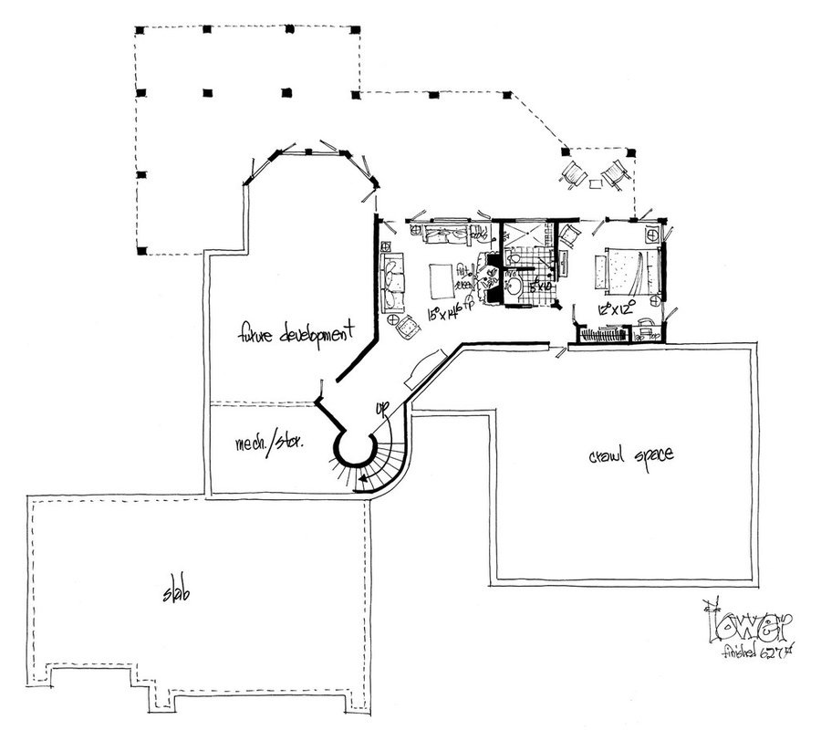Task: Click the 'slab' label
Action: [173, 593]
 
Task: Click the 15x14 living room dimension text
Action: [449, 315]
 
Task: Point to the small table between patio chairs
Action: [595, 183]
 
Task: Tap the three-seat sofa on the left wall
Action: [393, 280]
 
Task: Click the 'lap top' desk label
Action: [649, 334]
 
